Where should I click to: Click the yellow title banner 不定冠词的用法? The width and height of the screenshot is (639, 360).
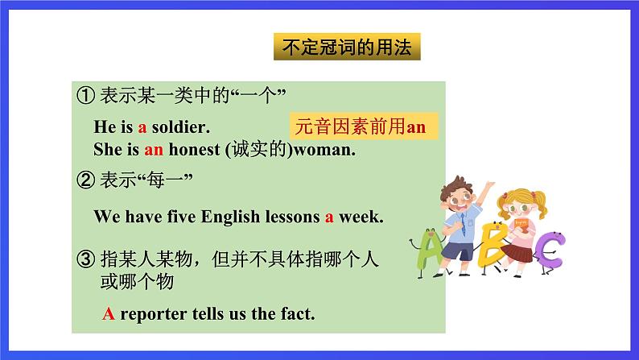(347, 47)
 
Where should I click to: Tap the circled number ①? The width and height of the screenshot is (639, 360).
(86, 96)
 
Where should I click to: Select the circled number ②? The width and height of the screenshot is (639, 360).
(86, 180)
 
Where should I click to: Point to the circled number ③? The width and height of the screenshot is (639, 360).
(86, 259)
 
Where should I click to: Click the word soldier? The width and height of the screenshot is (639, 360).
(181, 126)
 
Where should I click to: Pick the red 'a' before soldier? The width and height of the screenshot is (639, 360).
(142, 127)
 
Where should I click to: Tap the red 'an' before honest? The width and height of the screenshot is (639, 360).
(154, 150)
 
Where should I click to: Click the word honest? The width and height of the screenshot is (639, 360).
(195, 149)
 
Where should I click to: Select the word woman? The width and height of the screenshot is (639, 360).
(324, 150)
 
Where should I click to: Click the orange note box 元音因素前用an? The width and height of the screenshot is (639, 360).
(364, 126)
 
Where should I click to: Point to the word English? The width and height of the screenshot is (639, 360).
(230, 217)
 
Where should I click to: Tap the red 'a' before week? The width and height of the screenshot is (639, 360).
(329, 217)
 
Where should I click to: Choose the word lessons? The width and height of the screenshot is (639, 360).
(293, 217)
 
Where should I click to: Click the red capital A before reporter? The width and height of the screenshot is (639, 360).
(109, 313)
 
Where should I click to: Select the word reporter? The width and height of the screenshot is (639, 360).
(154, 314)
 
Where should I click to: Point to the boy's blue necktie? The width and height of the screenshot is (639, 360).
(463, 225)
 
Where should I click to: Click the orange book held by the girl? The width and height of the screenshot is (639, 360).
(521, 226)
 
